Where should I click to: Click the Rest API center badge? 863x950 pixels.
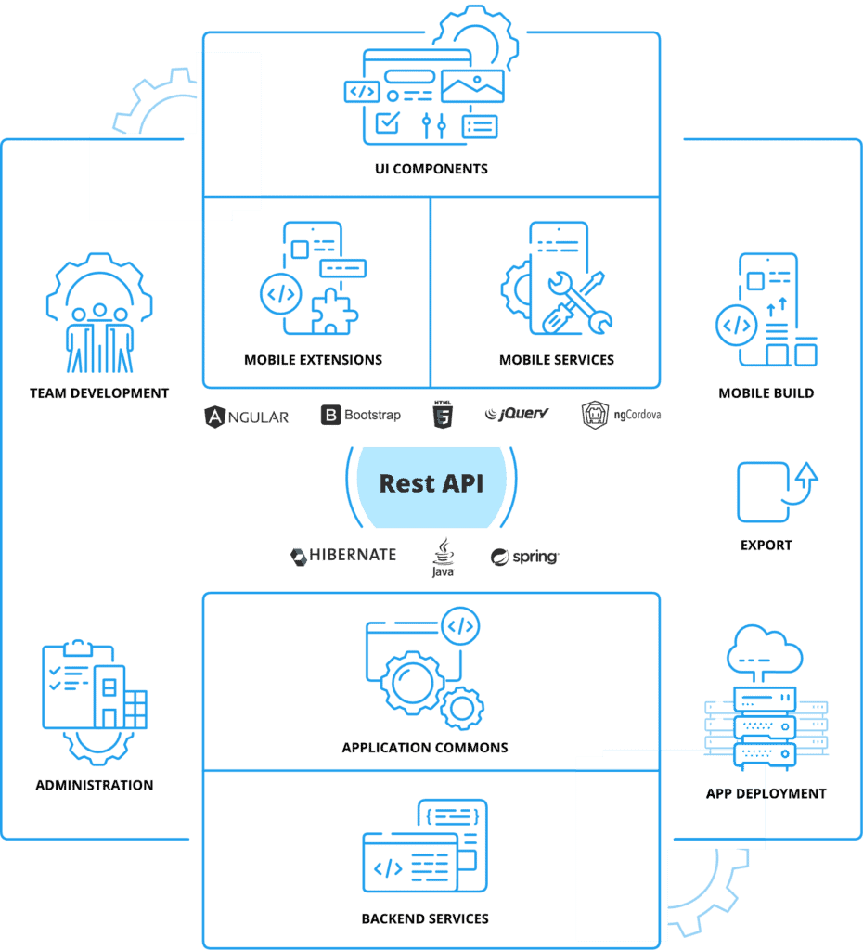tap(431, 484)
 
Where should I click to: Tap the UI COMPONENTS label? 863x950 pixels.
tap(431, 170)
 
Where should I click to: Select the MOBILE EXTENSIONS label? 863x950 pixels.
tap(313, 360)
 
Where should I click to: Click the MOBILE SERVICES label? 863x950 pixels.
tap(557, 360)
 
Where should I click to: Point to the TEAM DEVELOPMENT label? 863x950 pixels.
tap(99, 393)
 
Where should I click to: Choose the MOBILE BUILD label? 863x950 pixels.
tap(766, 393)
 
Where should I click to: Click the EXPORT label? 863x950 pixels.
tap(766, 546)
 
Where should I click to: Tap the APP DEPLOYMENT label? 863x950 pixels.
tap(766, 793)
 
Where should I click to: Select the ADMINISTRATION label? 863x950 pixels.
tap(95, 785)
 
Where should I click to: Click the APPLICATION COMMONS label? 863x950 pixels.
tap(425, 748)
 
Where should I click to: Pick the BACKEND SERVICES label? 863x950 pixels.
tap(425, 918)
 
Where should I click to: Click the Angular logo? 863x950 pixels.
tap(247, 416)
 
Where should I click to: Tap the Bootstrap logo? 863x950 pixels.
tap(361, 415)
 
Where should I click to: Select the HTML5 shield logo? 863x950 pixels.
tap(444, 415)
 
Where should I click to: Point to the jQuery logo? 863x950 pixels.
tap(518, 414)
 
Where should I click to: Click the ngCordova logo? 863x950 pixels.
tap(621, 415)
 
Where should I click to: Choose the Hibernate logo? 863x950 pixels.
tap(343, 556)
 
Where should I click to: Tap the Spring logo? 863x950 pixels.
tap(525, 557)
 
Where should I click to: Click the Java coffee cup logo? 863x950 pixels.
tap(443, 557)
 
